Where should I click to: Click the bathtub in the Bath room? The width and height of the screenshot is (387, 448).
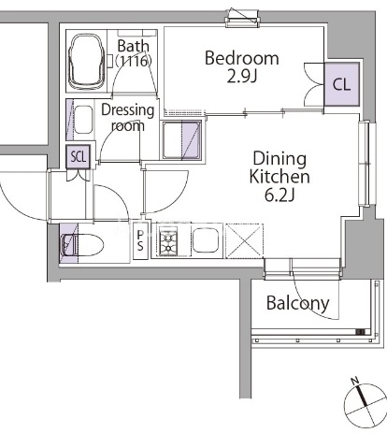coord(87,61)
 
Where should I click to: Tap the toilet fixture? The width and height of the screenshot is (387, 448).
coord(82,244)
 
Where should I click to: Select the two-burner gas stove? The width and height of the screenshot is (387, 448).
coord(168,240)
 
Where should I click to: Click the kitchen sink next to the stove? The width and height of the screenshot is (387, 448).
coord(206,240)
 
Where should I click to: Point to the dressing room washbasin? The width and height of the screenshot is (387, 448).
coord(83,120)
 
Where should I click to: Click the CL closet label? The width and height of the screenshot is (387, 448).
coord(341,84)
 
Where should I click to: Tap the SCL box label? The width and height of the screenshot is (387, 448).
coord(78,156)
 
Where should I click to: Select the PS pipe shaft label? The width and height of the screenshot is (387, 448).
coord(140,240)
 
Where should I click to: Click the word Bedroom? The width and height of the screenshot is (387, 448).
coord(242,58)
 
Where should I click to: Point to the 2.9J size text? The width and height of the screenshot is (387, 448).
coord(242,77)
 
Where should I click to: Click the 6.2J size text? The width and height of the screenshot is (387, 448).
coord(279,195)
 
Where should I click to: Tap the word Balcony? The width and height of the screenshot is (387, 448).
coord(298,303)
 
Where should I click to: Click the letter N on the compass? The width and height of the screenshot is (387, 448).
coord(354,381)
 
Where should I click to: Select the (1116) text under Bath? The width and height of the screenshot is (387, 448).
coord(134,61)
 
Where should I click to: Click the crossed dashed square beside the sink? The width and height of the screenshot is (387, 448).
coord(244,240)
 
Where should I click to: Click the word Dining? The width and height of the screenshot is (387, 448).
coord(279,160)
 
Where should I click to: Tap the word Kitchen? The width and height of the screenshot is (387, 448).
coord(279,177)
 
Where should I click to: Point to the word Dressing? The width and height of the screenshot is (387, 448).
coord(128,110)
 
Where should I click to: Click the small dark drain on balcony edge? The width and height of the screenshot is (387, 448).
coord(360,332)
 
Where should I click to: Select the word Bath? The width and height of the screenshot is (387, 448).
coord(134,46)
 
